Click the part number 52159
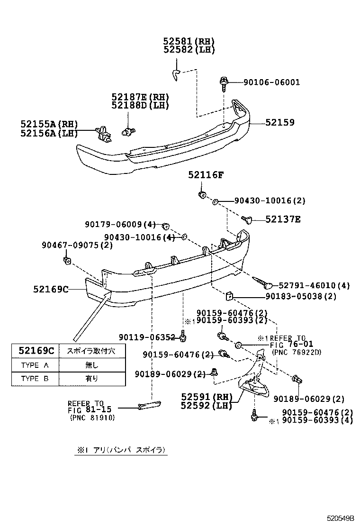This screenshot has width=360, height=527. coord(279,122)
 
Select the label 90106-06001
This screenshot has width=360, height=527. coord(271,82)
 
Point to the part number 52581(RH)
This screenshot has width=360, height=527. coord(189,41)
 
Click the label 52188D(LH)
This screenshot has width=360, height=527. coord(140,105)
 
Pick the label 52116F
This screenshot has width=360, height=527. coord(205,175)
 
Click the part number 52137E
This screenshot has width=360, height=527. coord(283,219)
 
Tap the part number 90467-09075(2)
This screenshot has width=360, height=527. coord(77,245)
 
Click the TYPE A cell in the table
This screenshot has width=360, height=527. coord(35,365)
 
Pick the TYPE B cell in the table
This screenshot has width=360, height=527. coord(35,379)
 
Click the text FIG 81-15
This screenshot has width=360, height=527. coord(89,410)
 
